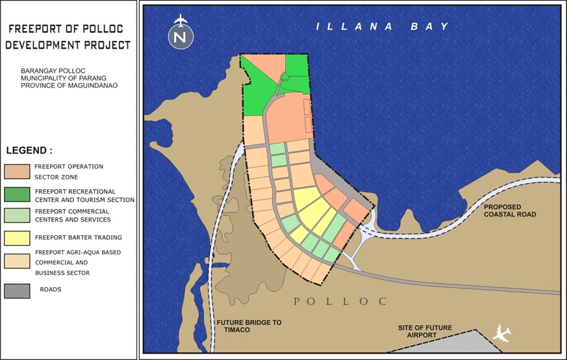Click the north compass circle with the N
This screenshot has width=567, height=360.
[x=181, y=38]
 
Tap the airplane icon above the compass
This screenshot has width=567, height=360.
[x=181, y=19]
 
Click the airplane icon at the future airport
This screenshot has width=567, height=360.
[x=501, y=334]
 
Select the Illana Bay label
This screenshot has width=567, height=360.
[x=383, y=27]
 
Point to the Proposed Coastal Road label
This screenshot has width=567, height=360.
[x=510, y=210]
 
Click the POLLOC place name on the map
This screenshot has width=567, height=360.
[x=340, y=302]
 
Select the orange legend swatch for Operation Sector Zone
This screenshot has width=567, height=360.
[x=17, y=171]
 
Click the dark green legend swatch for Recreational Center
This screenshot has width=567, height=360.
[x=17, y=194]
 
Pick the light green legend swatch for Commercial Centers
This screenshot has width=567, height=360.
[x=17, y=215]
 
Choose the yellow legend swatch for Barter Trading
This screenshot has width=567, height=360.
[x=17, y=238]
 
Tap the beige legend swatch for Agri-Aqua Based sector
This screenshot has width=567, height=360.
[x=17, y=261]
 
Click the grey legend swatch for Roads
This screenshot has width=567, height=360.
[x=17, y=290]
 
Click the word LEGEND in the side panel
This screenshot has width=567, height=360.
[x=29, y=150]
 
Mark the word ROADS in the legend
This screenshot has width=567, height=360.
[x=51, y=289]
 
